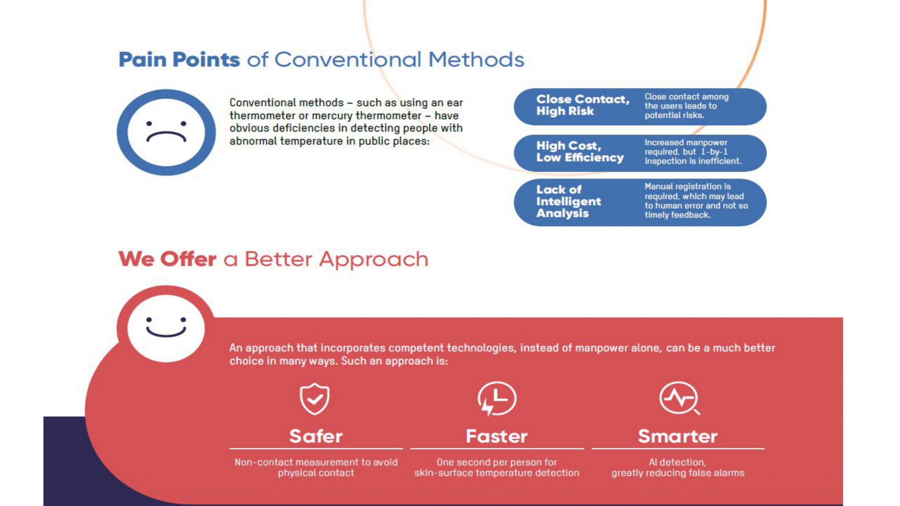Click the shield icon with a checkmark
(x=314, y=399)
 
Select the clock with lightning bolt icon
(x=496, y=399)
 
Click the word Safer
(x=316, y=436)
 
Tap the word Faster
(x=496, y=436)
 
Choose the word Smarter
(x=677, y=436)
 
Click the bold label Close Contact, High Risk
(x=583, y=105)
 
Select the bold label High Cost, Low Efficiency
(x=580, y=151)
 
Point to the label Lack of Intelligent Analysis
(x=568, y=201)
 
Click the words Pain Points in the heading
(x=179, y=59)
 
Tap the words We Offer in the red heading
(x=167, y=259)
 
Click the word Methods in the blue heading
(x=476, y=59)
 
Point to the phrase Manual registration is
(x=688, y=187)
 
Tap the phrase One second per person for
(x=496, y=462)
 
